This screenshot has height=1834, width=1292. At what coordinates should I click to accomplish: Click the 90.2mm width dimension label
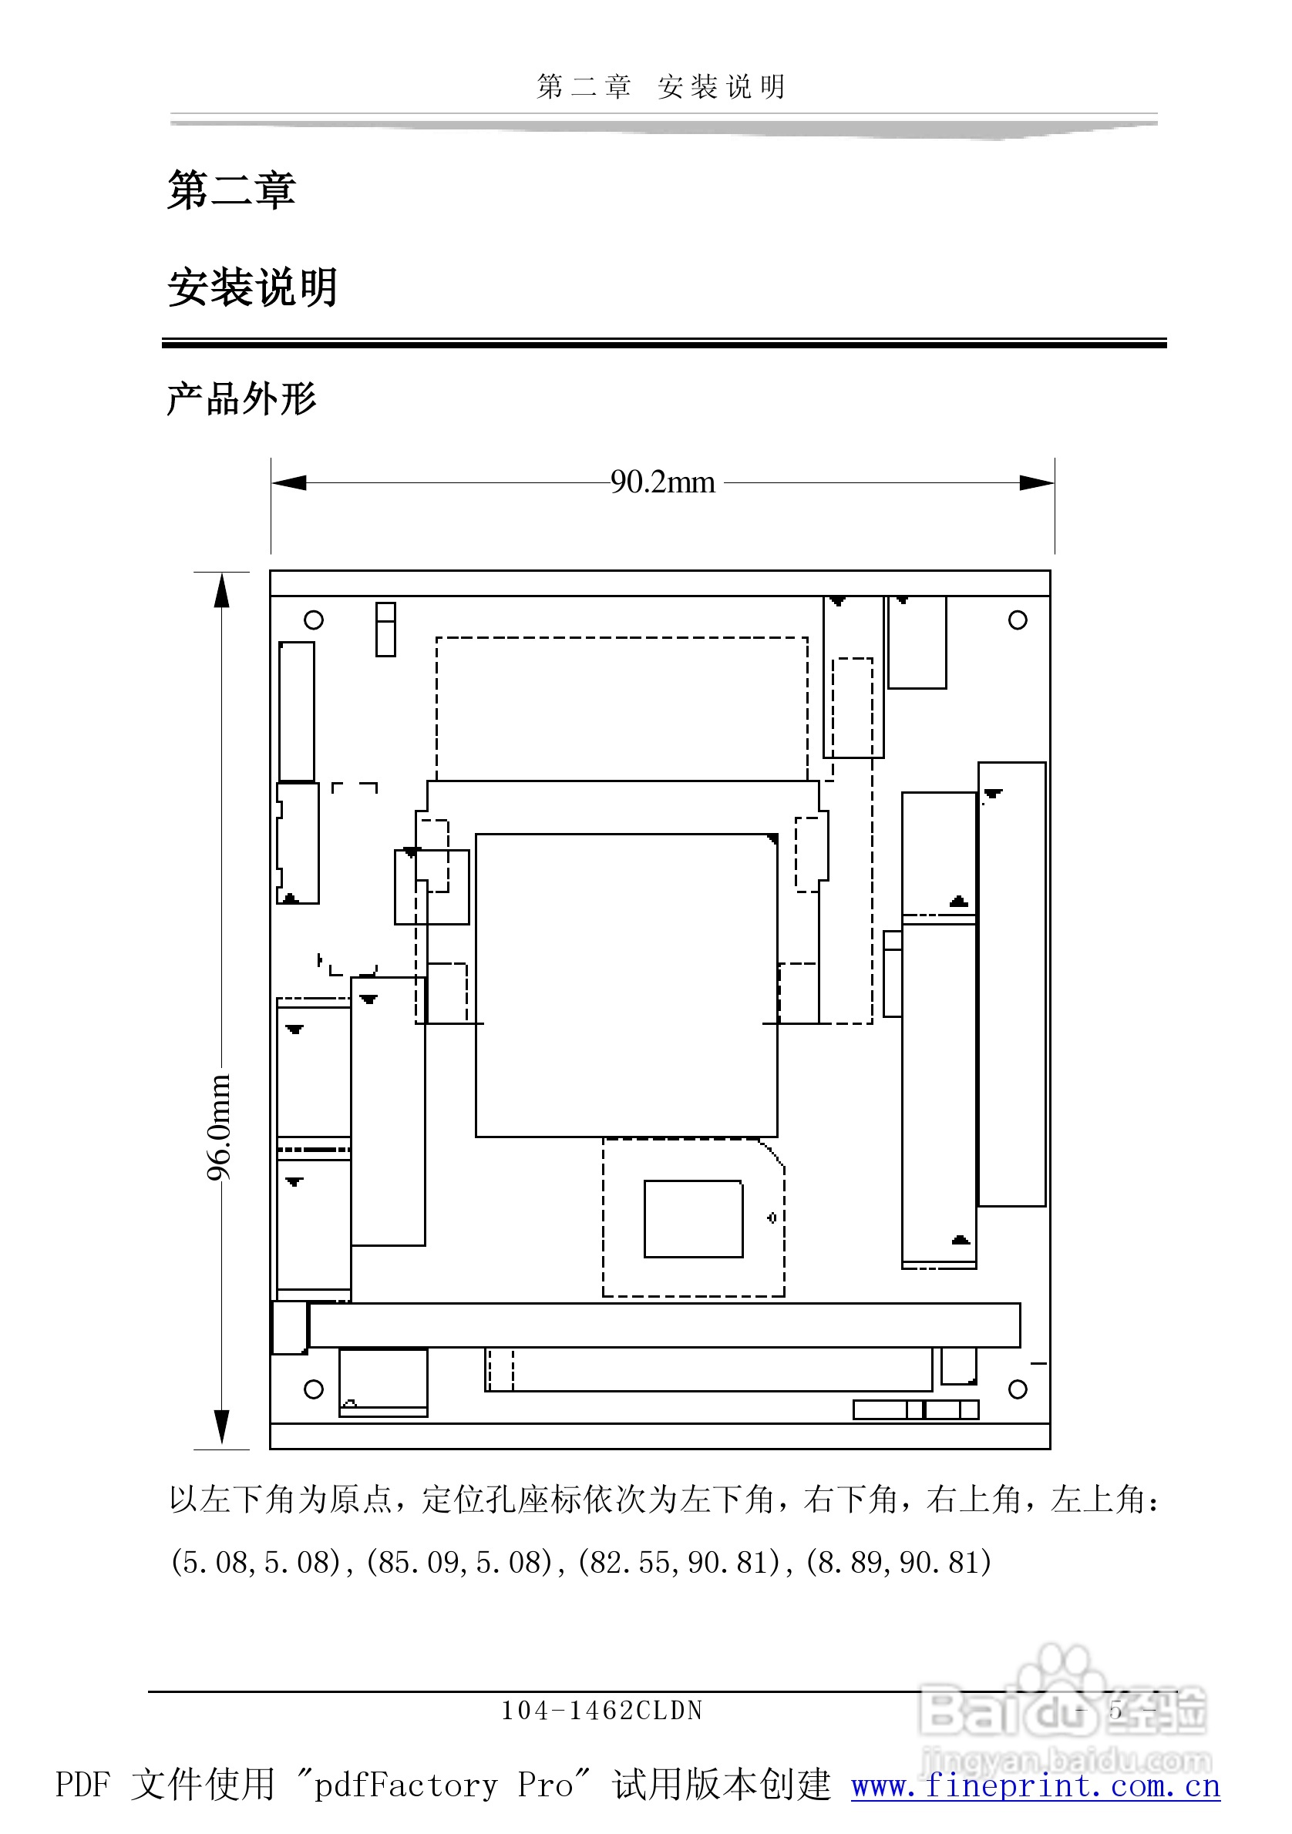click(x=662, y=482)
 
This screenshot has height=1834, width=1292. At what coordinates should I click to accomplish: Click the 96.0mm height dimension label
click(x=219, y=1127)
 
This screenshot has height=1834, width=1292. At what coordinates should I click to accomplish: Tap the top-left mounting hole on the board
click(x=314, y=620)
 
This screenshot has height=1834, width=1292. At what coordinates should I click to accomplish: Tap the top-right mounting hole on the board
click(x=1017, y=620)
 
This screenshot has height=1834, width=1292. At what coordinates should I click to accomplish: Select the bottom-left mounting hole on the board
click(x=314, y=1389)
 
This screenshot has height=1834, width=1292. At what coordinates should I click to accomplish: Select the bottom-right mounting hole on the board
click(x=1017, y=1389)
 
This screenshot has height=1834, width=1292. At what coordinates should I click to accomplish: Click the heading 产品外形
click(x=241, y=398)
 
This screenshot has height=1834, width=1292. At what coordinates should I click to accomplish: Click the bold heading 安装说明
click(x=253, y=287)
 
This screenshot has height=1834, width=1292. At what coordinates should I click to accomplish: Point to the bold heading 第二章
click(x=232, y=190)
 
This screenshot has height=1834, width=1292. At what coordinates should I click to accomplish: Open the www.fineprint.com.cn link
click(x=1035, y=1786)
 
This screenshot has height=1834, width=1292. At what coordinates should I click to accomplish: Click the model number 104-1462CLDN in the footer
click(x=601, y=1711)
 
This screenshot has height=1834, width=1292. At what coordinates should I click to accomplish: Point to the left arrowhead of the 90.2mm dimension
click(x=289, y=482)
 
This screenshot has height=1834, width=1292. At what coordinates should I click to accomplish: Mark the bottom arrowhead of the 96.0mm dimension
click(x=222, y=1426)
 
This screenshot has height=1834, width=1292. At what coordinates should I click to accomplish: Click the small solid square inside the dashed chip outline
click(x=693, y=1218)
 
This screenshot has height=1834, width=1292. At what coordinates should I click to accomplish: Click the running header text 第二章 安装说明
click(x=661, y=86)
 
